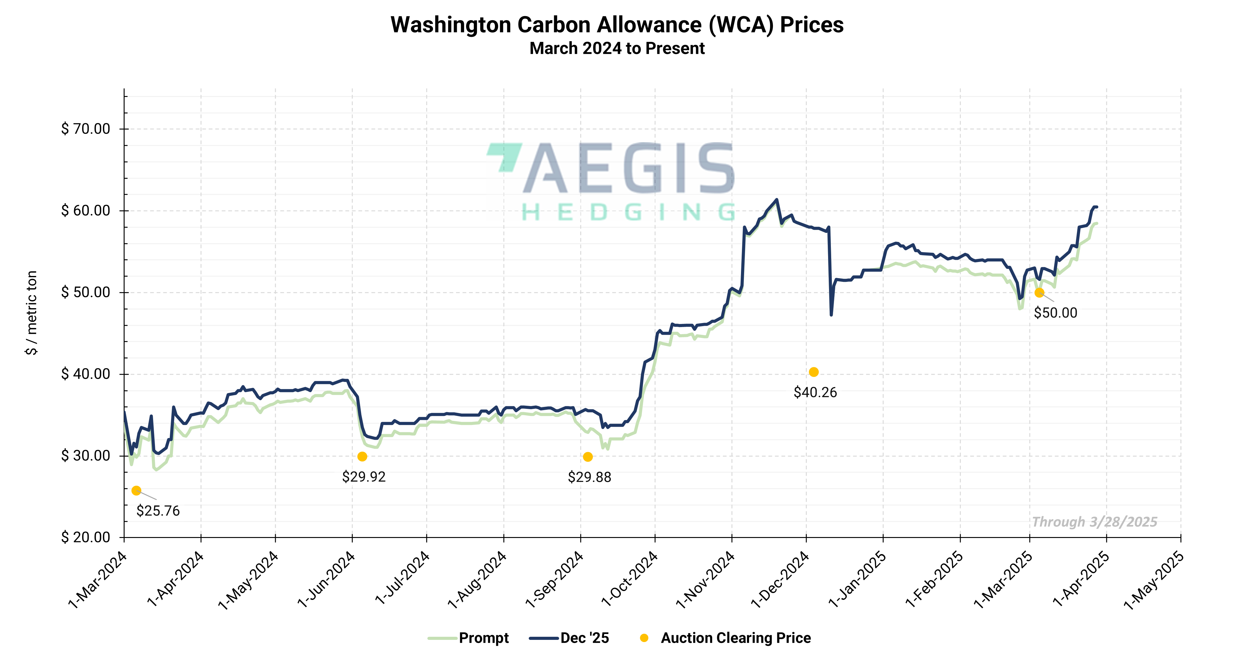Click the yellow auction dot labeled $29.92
[363, 457]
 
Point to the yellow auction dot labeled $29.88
[588, 457]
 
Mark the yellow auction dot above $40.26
[814, 372]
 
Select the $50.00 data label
[1055, 313]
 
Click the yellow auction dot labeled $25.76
[136, 491]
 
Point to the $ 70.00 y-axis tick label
[85, 129]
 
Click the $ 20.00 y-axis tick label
[85, 537]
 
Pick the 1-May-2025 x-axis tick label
[1154, 579]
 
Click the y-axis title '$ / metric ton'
[31, 313]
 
